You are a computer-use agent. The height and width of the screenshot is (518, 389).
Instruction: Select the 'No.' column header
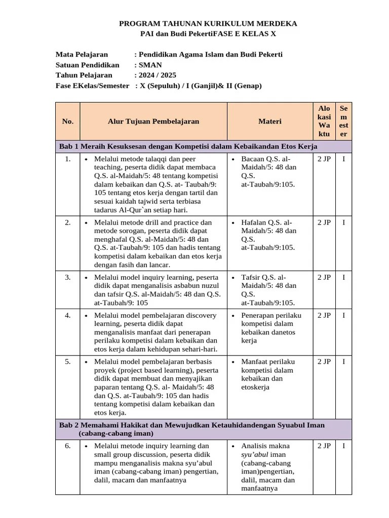tap(67, 121)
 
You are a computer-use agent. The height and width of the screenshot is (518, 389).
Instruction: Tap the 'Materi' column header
tap(269, 121)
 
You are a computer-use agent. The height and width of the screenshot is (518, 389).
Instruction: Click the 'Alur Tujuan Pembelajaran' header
tap(153, 121)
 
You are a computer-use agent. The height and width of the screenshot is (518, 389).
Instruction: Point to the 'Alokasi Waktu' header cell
tap(324, 121)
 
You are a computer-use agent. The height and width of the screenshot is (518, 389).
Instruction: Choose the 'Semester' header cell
tap(344, 121)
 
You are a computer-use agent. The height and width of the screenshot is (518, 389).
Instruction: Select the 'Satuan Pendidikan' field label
tap(87, 65)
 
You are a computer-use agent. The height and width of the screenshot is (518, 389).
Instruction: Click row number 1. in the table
tap(67, 159)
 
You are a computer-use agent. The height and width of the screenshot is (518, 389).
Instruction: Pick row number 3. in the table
tap(67, 277)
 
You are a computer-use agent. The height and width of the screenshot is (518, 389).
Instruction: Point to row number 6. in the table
tap(67, 446)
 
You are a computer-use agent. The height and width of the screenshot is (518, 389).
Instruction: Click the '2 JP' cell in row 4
tap(324, 315)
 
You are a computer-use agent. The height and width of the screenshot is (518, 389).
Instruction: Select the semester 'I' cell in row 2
tap(344, 222)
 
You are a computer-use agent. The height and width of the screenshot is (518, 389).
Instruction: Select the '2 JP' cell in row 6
tap(324, 446)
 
